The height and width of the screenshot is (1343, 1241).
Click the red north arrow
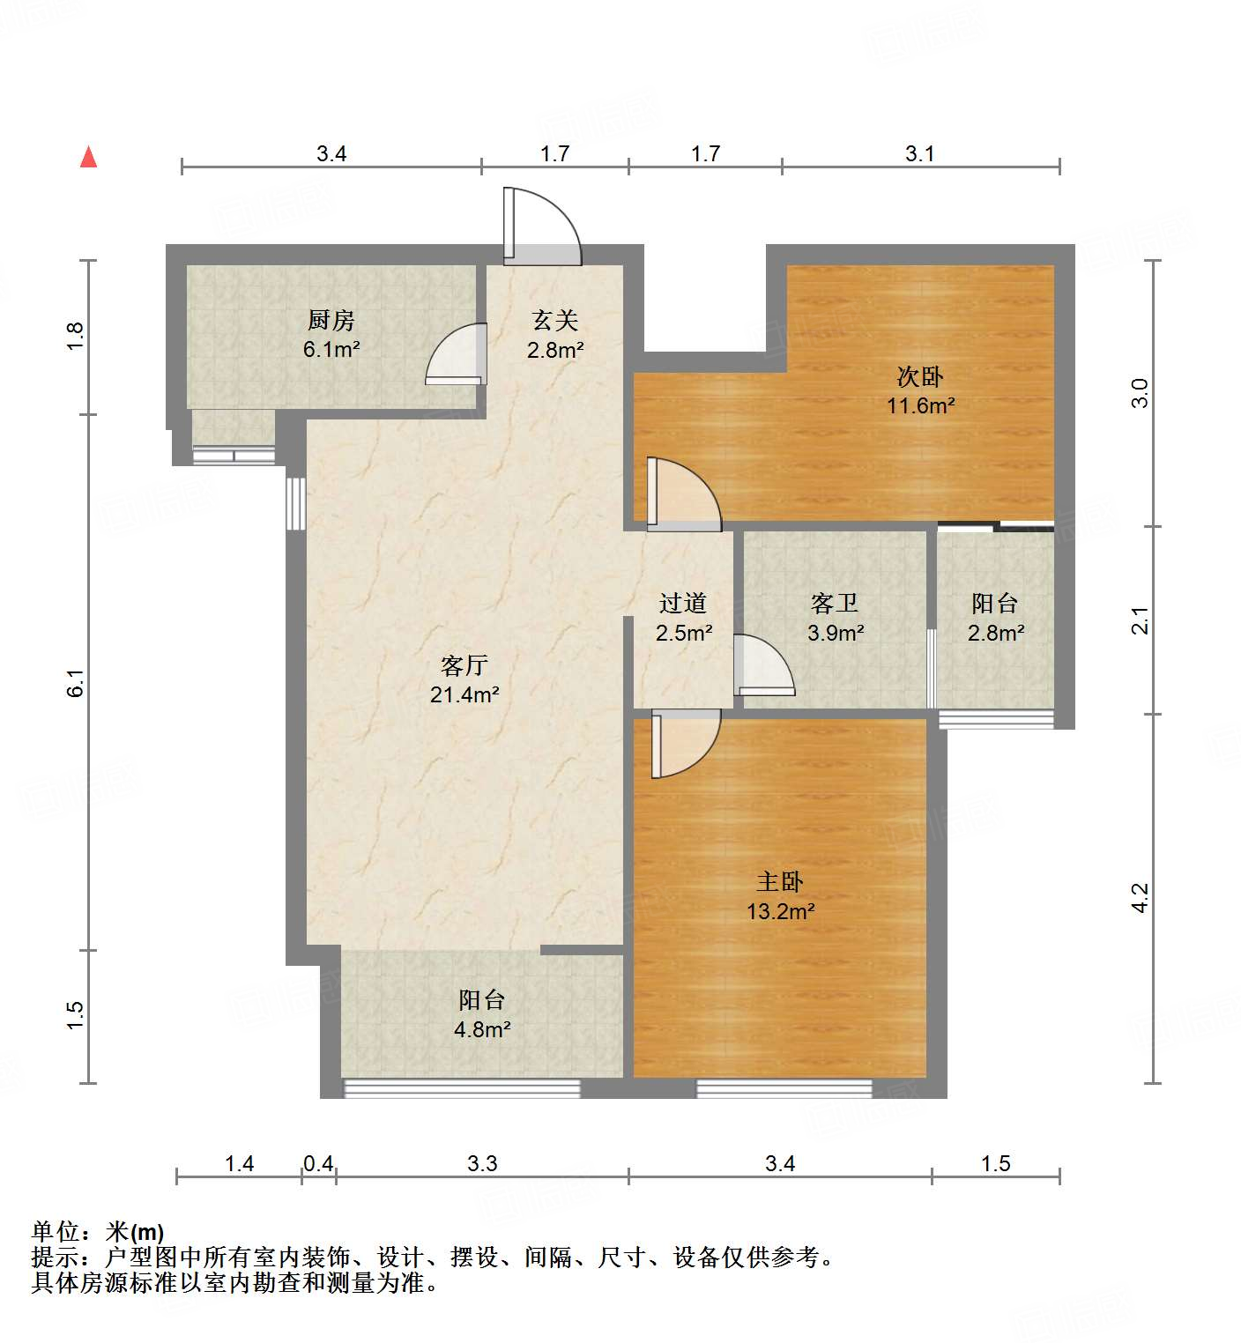(x=88, y=157)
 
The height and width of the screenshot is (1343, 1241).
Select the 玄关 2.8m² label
(x=555, y=335)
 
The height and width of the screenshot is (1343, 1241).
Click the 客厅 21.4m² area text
(x=464, y=679)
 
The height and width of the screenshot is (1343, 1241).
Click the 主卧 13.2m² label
(x=781, y=896)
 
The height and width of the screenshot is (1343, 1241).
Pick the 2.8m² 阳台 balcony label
(x=996, y=618)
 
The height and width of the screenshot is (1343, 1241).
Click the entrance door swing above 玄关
(x=541, y=226)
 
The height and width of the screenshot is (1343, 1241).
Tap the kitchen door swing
(x=457, y=354)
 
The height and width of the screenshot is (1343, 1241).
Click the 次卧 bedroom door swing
(x=684, y=494)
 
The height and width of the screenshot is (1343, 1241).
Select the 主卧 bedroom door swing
(x=686, y=744)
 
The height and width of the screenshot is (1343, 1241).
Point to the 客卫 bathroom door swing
(x=764, y=665)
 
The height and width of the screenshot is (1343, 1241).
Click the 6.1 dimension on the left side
(x=77, y=683)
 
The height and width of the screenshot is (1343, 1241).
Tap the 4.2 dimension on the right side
(x=1141, y=898)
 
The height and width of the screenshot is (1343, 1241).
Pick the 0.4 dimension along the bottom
(x=318, y=1163)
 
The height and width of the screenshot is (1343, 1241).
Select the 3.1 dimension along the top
(x=920, y=153)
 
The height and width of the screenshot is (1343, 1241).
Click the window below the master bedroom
(x=784, y=1088)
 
